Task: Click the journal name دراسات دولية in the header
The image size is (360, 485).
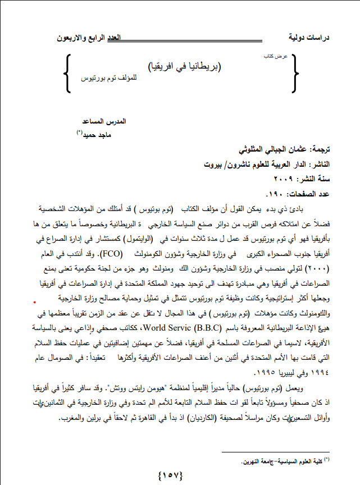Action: click(x=309, y=39)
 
